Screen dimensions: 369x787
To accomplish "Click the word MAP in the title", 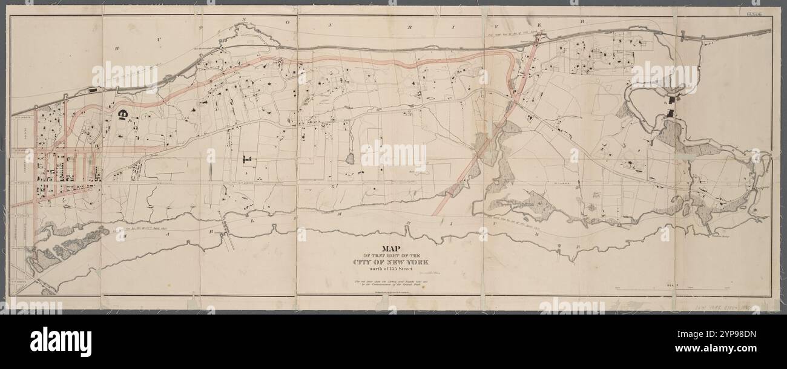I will pos(394,248).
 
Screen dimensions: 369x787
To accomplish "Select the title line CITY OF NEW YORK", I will pos(394,262).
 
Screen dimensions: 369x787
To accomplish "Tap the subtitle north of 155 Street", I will pos(394,269).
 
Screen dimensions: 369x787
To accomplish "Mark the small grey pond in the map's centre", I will pos(349,159).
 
